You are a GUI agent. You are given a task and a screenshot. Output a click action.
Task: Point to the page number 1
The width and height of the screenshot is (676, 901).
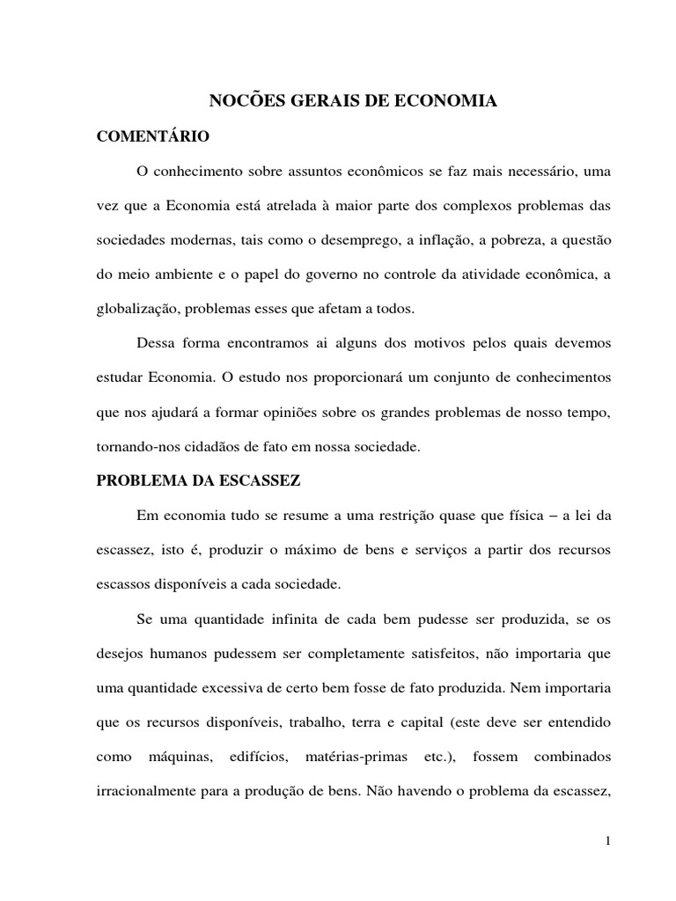point(607,840)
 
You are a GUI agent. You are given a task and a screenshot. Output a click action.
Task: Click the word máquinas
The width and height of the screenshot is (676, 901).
point(205,756)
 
